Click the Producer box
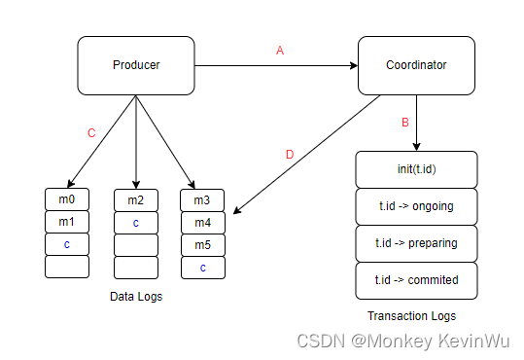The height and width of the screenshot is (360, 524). [x=135, y=65]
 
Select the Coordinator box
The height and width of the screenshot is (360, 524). [x=417, y=65]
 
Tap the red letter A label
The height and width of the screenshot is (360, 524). [x=280, y=51]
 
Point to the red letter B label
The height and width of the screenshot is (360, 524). [x=405, y=123]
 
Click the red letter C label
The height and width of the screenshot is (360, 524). [x=91, y=133]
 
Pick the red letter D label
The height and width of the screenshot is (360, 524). [x=288, y=153]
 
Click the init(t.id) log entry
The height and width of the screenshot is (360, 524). [x=417, y=169]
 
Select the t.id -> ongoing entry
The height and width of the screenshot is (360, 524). [x=417, y=206]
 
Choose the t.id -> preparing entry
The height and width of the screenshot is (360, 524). [x=417, y=243]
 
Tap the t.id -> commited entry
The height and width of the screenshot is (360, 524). [x=417, y=280]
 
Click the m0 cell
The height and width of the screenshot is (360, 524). [x=67, y=200]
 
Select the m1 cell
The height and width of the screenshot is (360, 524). [x=67, y=223]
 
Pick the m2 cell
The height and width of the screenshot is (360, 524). [x=136, y=200]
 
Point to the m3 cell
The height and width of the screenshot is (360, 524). [x=202, y=200]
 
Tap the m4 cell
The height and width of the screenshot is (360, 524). [x=202, y=223]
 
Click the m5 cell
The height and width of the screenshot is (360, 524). [x=202, y=244]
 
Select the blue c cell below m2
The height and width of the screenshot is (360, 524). [x=136, y=223]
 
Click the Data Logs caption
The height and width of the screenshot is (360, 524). [x=136, y=297]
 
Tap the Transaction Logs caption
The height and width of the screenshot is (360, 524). [x=412, y=315]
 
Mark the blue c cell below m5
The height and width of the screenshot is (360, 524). [x=202, y=267]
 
